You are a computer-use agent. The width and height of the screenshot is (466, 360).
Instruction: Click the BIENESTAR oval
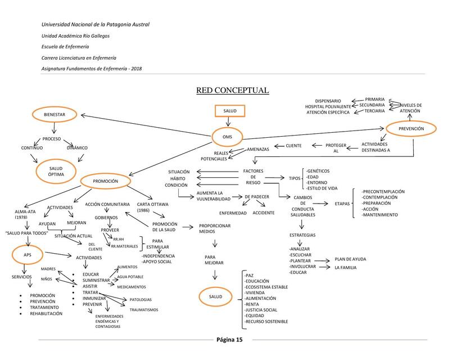tap(56, 115)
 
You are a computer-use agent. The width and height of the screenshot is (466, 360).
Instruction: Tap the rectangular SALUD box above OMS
tap(230, 111)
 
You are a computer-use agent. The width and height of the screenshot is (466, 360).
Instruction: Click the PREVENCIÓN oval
tap(411, 129)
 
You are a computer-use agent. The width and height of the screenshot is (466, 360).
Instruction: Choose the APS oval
tap(28, 254)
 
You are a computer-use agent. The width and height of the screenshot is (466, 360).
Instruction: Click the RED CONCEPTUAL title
tap(232, 91)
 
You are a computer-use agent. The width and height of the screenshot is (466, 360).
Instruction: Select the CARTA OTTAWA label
tap(150, 207)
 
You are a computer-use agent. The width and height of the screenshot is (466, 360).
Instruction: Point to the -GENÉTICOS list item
tap(318, 170)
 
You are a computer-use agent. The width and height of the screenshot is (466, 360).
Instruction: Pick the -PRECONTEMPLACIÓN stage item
tap(383, 191)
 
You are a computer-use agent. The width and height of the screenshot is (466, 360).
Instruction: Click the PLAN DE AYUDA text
tap(350, 259)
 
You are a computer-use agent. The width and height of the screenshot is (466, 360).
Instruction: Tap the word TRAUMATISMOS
tap(144, 310)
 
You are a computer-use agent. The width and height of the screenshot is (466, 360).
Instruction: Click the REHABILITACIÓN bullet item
tap(46, 313)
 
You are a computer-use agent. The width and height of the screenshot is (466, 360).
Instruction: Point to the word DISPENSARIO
tap(328, 101)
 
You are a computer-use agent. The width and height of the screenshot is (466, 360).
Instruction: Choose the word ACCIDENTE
tap(264, 213)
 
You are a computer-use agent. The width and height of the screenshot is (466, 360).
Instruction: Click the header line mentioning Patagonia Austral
tap(96, 24)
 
